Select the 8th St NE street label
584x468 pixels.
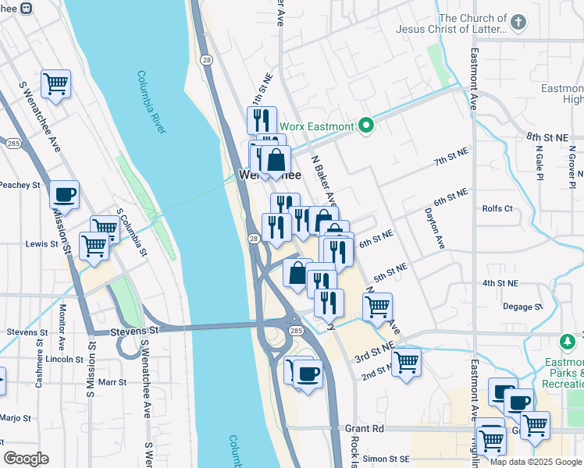tap(547, 137)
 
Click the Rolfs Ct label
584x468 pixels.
tap(497, 208)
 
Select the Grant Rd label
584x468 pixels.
tap(364, 428)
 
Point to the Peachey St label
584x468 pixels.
tap(20, 185)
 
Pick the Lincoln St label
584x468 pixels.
tap(65, 360)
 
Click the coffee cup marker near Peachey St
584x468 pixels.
tap(65, 195)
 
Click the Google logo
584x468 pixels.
tap(26, 459)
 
